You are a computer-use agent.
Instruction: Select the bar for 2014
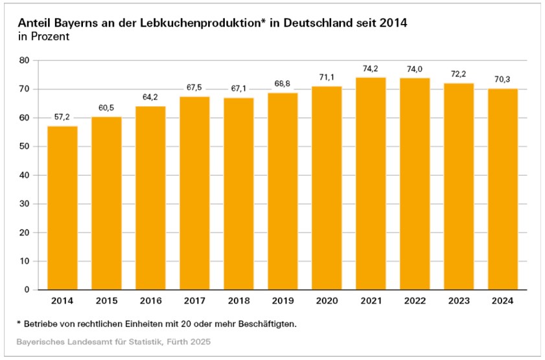[62, 208]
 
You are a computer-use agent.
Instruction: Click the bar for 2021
[371, 184]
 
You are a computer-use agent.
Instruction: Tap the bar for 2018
[238, 194]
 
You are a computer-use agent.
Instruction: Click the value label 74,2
[371, 68]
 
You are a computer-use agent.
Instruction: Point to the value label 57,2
[62, 117]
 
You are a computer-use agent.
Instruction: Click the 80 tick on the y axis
[25, 60]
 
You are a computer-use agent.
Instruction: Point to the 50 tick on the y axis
[25, 146]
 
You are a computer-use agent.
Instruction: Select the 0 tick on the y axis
[27, 290]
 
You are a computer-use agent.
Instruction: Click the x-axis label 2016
[150, 302]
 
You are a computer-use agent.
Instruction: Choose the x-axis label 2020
[327, 302]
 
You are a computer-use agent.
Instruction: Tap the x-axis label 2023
[459, 302]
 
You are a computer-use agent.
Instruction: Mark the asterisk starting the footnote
[19, 322]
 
